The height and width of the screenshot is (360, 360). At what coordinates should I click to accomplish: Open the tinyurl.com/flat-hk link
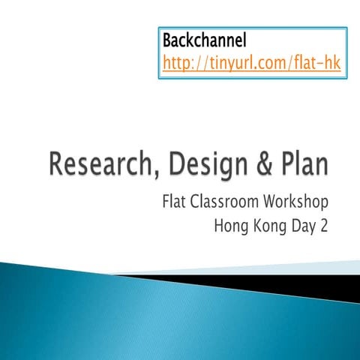pos(251,64)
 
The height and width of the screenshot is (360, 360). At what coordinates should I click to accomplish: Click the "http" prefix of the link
pos(177,64)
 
